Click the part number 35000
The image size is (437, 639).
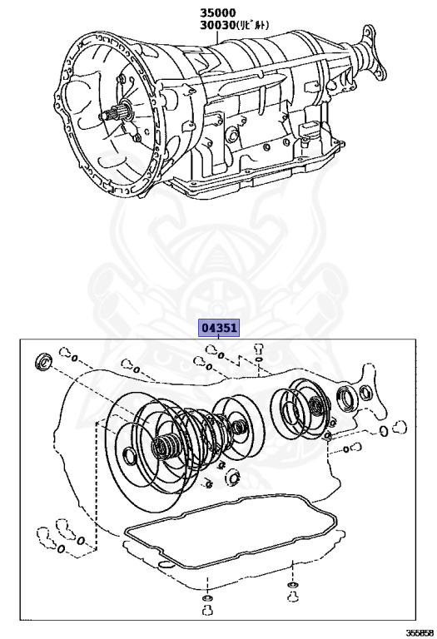(217, 12)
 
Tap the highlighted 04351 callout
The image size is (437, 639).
(217, 328)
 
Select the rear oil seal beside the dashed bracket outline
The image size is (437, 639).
(345, 399)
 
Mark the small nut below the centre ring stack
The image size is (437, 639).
(233, 478)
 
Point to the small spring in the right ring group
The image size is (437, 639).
(315, 407)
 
